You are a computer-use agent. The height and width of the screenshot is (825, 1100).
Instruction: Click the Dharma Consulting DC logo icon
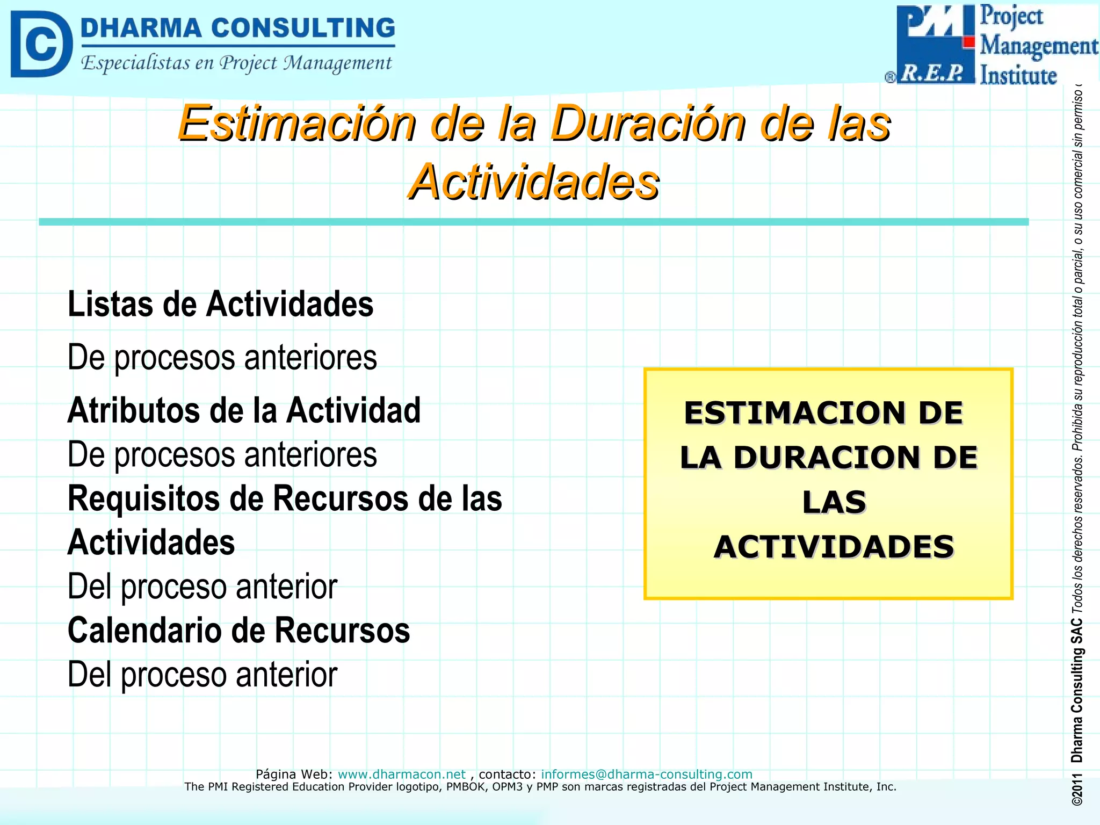(41, 44)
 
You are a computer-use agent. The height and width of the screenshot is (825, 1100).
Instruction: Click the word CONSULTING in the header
(303, 28)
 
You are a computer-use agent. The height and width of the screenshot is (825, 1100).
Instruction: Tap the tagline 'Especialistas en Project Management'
(236, 63)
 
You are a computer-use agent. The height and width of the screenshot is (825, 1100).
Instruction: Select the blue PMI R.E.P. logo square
(935, 44)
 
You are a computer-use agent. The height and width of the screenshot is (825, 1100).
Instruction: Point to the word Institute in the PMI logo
(1018, 75)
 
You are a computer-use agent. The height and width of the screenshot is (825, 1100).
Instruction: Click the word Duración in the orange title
(649, 124)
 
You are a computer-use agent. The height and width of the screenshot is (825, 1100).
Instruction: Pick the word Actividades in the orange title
(533, 182)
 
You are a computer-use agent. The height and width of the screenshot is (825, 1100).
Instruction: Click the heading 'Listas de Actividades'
(220, 304)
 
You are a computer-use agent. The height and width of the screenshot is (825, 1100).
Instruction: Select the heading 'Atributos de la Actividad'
(244, 410)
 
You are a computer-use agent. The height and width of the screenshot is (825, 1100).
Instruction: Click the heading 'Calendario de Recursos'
(238, 630)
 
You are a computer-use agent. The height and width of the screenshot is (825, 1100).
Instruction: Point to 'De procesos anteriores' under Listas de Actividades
(222, 357)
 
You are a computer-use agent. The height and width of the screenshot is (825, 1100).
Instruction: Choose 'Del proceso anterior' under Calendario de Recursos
(202, 675)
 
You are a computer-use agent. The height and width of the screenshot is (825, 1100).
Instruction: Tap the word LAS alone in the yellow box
(834, 502)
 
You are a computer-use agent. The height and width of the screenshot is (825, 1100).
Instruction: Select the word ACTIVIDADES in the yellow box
(834, 547)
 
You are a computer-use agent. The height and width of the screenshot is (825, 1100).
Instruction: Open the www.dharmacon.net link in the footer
(401, 774)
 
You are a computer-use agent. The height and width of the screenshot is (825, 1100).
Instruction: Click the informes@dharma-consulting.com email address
(646, 774)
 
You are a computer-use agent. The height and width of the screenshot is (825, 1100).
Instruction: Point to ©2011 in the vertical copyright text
(1077, 789)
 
